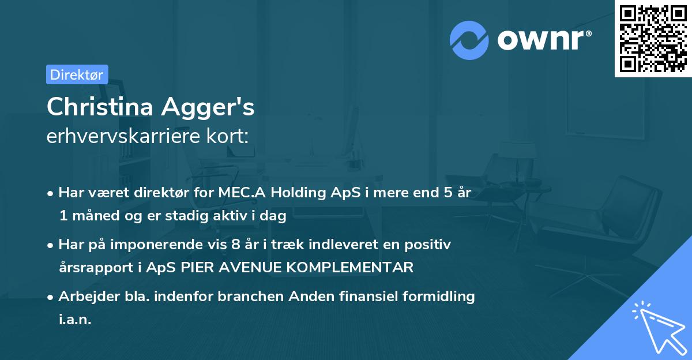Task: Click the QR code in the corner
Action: [x=653, y=39]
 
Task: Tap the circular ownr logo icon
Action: [x=469, y=39]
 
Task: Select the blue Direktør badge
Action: [x=77, y=74]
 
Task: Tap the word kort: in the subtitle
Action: [x=230, y=136]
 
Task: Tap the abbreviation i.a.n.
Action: [x=75, y=320]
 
